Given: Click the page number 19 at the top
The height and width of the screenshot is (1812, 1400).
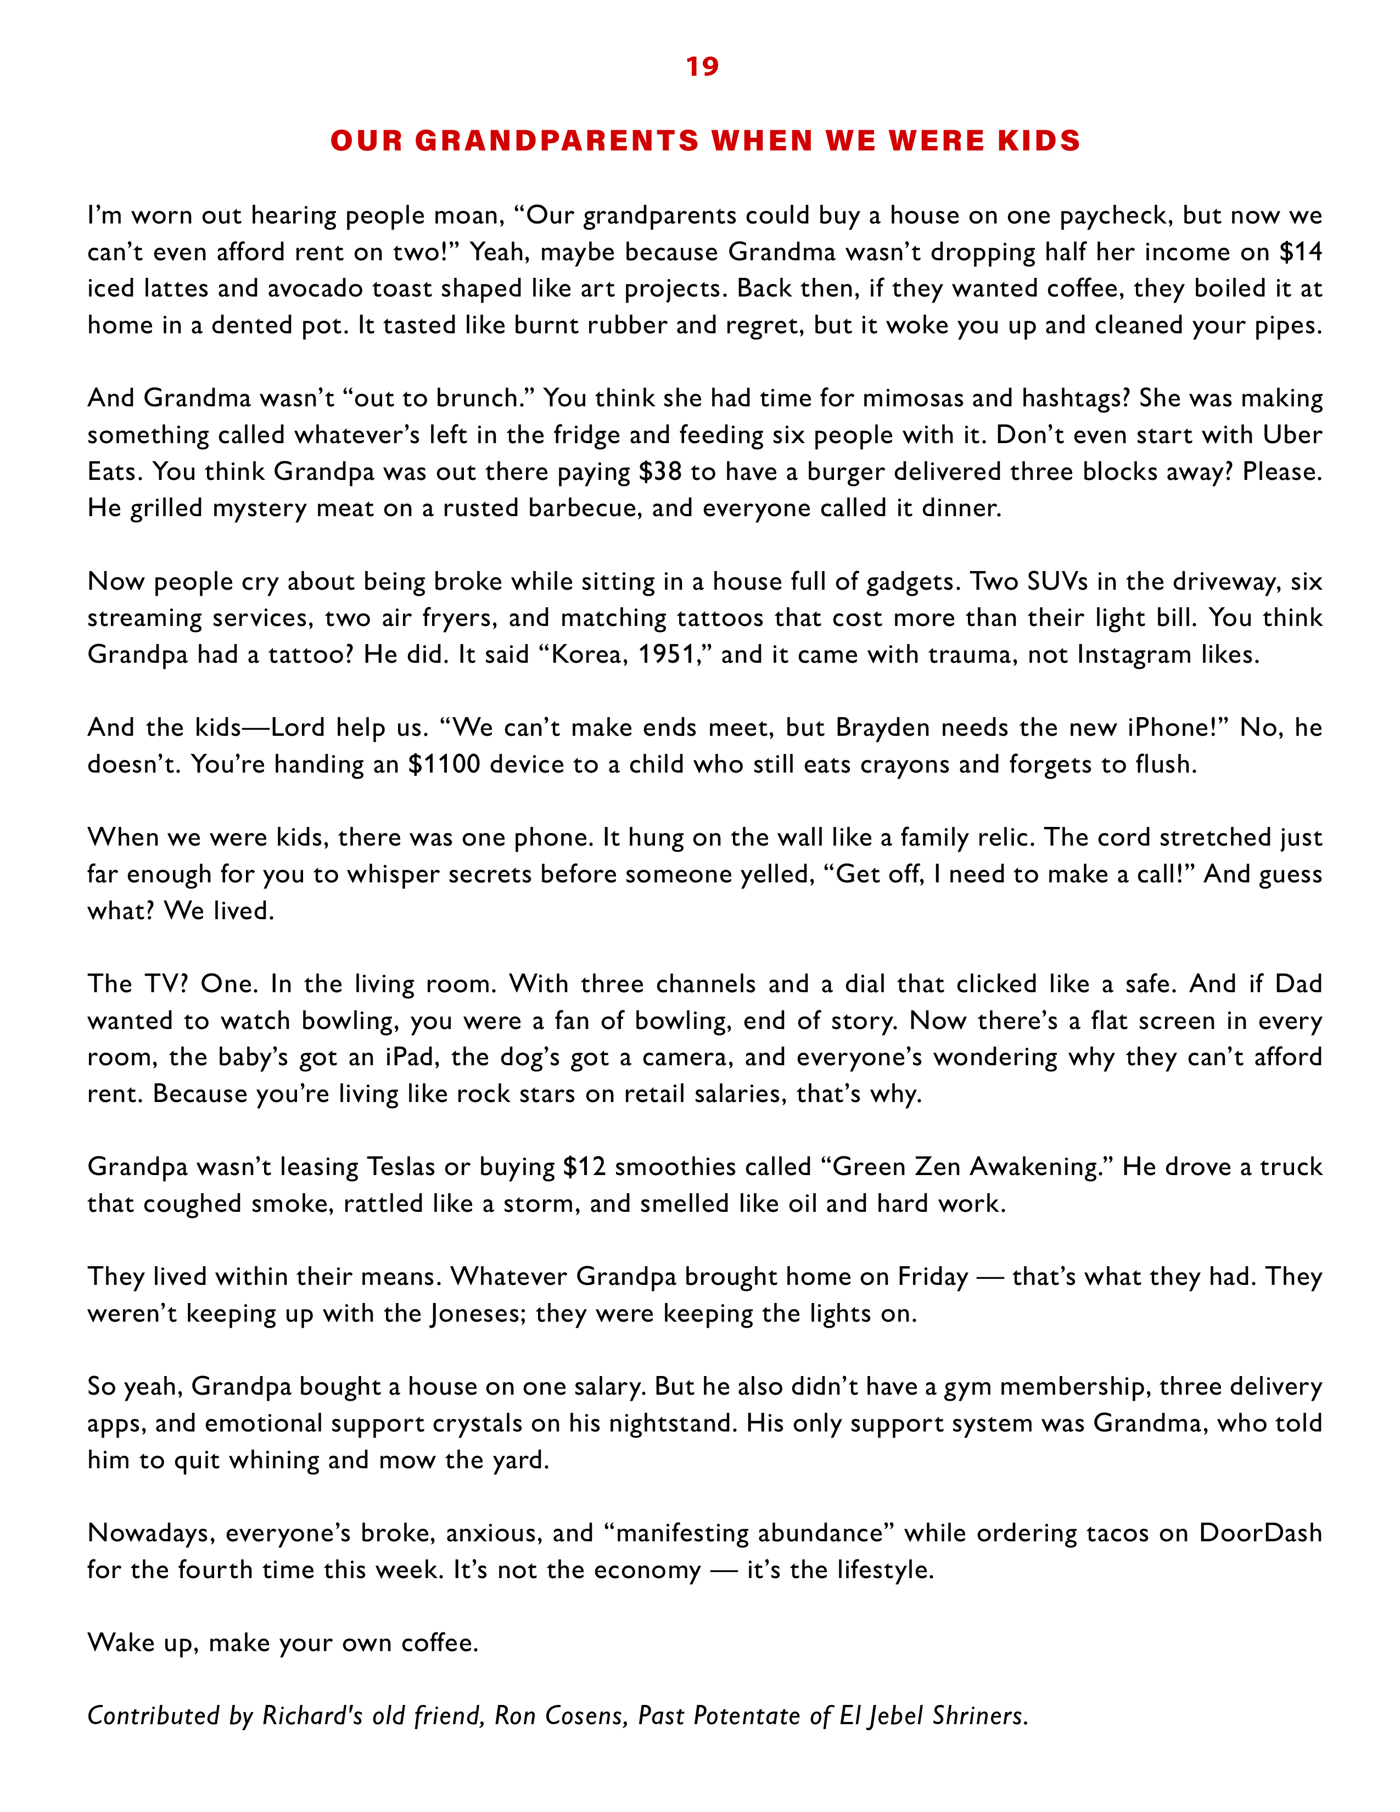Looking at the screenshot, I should (x=702, y=66).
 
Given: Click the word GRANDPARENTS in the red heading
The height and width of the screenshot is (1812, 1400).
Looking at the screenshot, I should (x=557, y=141).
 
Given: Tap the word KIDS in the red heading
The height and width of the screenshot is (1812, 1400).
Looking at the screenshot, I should (x=1039, y=141).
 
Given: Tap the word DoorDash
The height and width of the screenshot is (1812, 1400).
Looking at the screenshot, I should (x=1260, y=1533).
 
